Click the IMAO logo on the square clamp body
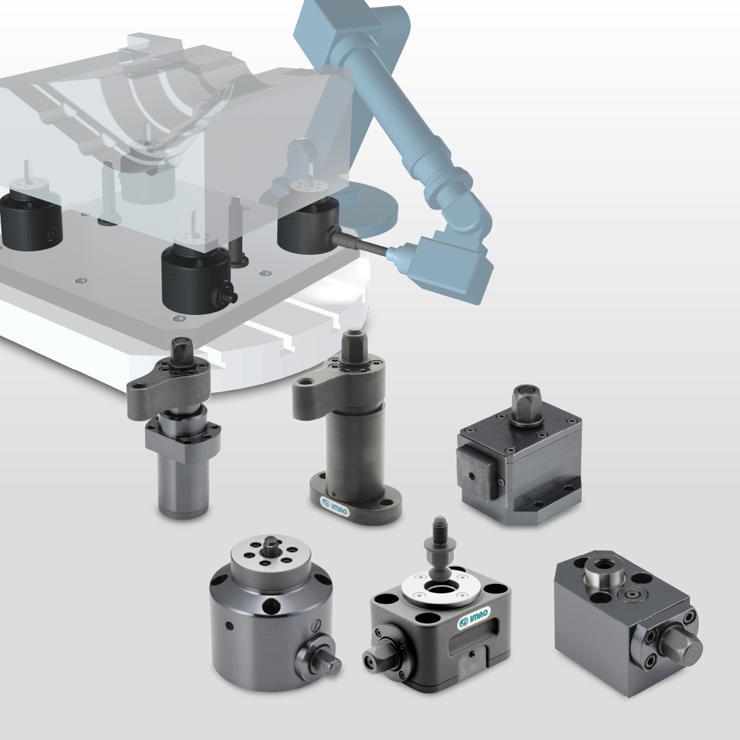pyautogui.click(x=474, y=617)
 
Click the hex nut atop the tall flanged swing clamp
pyautogui.click(x=355, y=346)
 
